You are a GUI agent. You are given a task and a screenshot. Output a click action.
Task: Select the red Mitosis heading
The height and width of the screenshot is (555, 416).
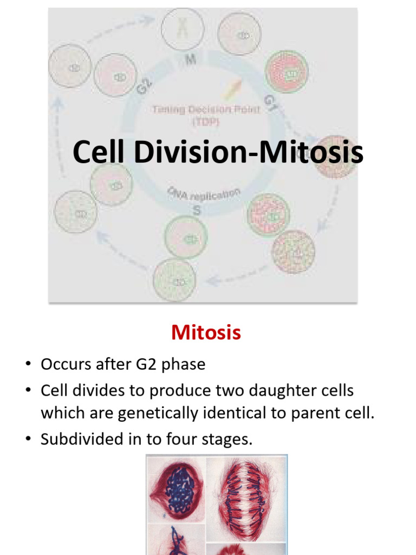point(206,332)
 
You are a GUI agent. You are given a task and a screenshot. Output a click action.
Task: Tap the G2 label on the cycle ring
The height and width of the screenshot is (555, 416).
point(144,87)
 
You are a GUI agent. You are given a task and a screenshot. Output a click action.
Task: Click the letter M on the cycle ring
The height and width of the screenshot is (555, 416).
point(191,61)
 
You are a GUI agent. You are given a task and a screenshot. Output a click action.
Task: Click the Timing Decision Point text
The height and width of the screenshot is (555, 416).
point(206,109)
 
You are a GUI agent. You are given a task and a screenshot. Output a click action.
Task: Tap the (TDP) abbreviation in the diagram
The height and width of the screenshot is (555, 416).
point(206,121)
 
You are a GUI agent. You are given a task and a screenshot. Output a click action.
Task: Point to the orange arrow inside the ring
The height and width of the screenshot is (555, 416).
point(231,87)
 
